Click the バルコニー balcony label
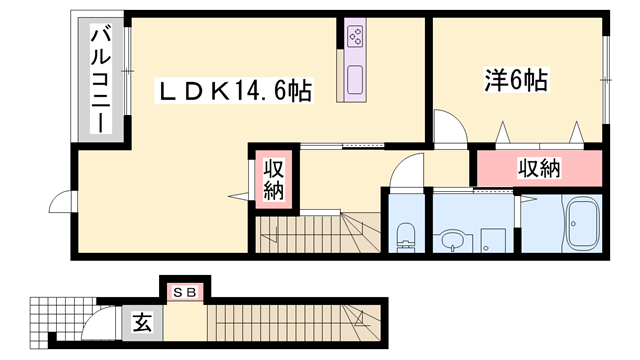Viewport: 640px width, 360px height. point(100,80)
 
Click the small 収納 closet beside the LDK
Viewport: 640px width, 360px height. point(274,178)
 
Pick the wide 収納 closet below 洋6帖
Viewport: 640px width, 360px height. point(538,168)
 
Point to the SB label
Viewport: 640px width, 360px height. point(185,292)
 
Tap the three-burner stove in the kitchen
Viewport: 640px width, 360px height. point(356,38)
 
